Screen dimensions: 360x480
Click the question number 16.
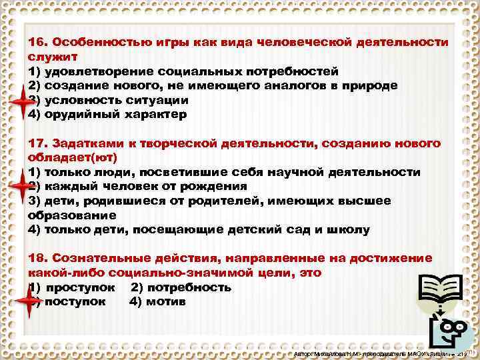click(x=38, y=42)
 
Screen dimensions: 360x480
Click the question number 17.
click(x=38, y=144)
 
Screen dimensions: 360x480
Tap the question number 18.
click(x=38, y=258)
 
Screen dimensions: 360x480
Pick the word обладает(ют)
click(x=72, y=158)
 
